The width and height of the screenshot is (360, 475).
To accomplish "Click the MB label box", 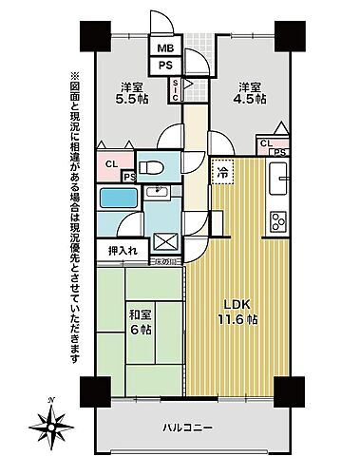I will tap(165, 48).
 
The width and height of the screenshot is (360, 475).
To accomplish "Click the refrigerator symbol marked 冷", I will tap(220, 174).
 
